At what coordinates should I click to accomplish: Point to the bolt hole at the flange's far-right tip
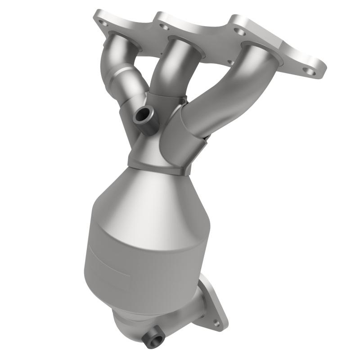[309, 71]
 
